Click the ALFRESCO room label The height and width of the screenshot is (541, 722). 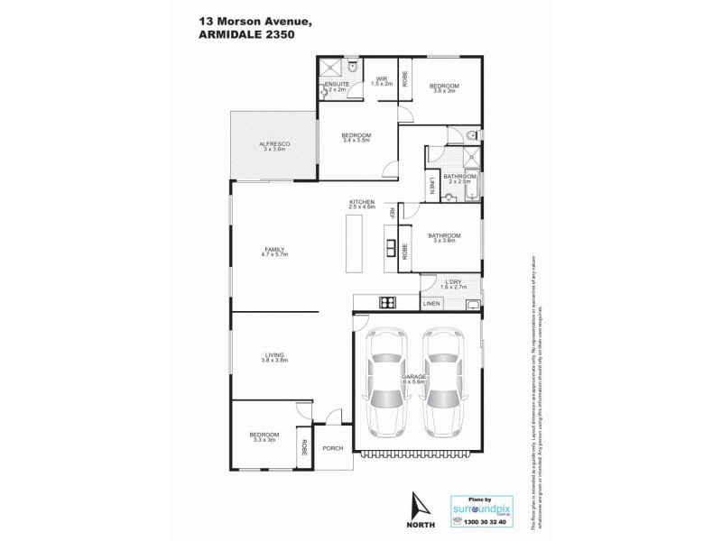[x=273, y=146]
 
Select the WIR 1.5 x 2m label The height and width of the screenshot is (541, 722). [x=382, y=81]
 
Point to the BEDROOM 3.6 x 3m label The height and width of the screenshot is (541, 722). [x=445, y=87]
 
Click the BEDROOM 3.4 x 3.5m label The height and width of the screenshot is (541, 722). [x=357, y=137]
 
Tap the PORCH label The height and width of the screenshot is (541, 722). [x=332, y=447]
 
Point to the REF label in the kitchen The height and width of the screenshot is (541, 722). [x=392, y=213]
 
